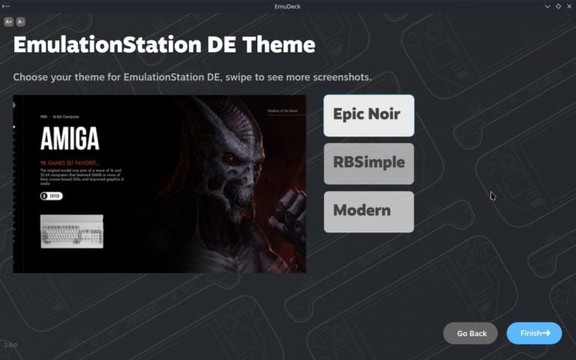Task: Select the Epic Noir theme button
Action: click(x=368, y=115)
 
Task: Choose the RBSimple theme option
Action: click(x=368, y=163)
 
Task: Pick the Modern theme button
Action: click(x=368, y=211)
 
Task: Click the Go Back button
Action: click(x=471, y=333)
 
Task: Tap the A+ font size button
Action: click(x=9, y=22)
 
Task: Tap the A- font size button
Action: click(x=20, y=22)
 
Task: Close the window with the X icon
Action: click(x=568, y=6)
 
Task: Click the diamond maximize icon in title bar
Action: click(x=558, y=6)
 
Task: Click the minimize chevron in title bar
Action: click(x=547, y=6)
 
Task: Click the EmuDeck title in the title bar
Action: click(x=288, y=6)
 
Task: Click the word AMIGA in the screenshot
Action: click(x=70, y=139)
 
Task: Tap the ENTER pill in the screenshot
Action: click(x=52, y=196)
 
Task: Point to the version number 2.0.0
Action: click(x=10, y=345)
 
